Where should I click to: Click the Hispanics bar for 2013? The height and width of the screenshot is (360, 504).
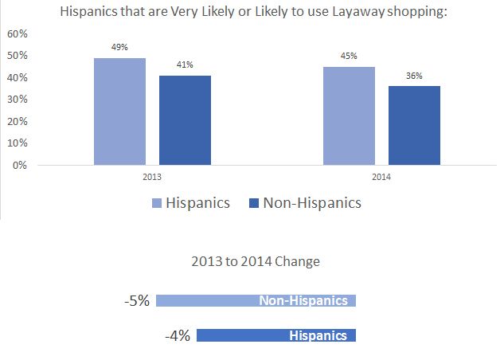click(119, 112)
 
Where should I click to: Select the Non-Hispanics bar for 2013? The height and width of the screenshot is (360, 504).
click(184, 120)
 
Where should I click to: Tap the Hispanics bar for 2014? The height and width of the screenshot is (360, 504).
click(349, 116)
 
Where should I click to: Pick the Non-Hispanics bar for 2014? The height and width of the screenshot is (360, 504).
click(414, 126)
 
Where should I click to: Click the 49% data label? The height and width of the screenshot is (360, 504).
click(119, 48)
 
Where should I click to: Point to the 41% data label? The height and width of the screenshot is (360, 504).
click(185, 65)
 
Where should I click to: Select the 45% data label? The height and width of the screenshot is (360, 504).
click(349, 57)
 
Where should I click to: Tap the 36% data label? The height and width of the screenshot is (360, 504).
click(414, 76)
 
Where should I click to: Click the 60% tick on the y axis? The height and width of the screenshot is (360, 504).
click(17, 34)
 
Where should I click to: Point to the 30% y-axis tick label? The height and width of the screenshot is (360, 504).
click(17, 100)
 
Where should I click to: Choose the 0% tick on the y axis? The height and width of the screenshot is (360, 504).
click(20, 166)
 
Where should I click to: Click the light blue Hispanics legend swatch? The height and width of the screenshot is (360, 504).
click(157, 203)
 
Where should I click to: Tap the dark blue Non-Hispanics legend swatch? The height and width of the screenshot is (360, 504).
click(254, 203)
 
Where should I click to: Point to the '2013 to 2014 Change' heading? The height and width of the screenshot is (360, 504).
click(256, 261)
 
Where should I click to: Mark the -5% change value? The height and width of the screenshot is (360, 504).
click(136, 301)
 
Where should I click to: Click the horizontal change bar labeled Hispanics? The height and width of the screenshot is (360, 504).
click(275, 336)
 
